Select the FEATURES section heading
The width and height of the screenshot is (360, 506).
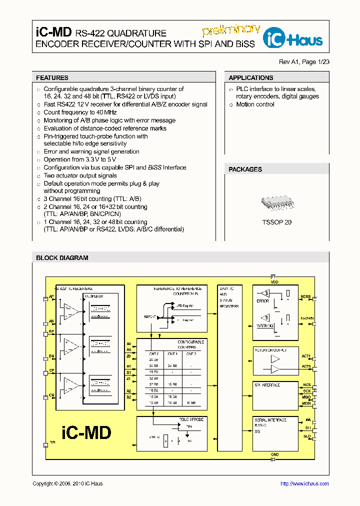pos(52,78)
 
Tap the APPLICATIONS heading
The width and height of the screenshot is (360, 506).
pos(250,78)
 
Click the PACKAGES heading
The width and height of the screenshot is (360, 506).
pos(245,169)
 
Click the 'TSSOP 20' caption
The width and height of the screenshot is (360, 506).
pos(276,222)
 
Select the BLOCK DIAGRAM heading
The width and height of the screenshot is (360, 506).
pos(62,258)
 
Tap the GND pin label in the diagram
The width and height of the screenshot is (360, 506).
pos(274,454)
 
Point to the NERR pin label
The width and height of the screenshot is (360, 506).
pos(305,297)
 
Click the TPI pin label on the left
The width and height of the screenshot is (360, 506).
pos(52,442)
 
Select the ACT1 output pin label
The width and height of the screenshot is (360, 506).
pos(306,356)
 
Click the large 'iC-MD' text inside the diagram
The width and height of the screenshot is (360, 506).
pos(86,432)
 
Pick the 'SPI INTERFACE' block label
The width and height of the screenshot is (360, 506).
pos(267,385)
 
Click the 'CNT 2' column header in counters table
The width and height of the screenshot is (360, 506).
pos(190,353)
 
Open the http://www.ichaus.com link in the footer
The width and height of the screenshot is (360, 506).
pos(304,483)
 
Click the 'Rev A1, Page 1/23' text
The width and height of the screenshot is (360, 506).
pos(304,62)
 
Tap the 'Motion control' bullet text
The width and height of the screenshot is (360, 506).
pos(255,104)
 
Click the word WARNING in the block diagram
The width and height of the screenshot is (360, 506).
pos(265,325)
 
